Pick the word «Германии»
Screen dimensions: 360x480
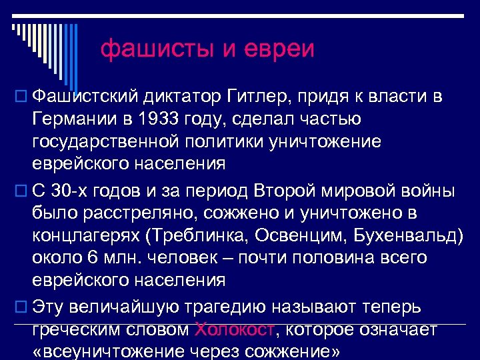(x=73, y=120)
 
